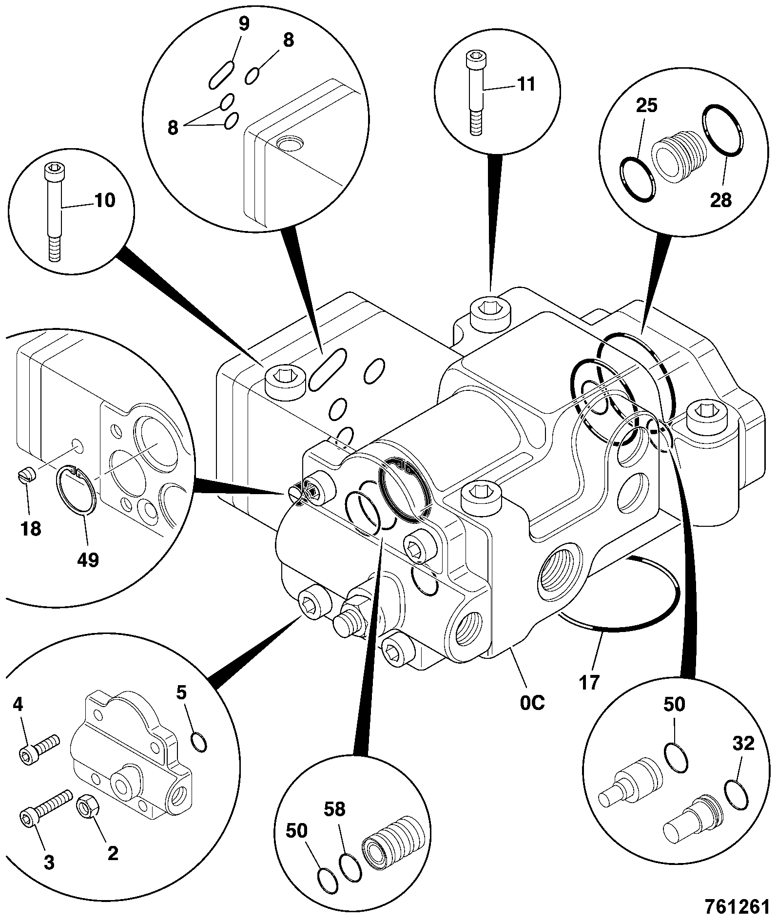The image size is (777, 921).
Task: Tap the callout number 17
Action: click(x=589, y=682)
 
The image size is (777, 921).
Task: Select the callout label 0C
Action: click(x=532, y=703)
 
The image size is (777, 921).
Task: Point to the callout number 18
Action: click(x=31, y=528)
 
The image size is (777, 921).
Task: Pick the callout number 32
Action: click(x=743, y=744)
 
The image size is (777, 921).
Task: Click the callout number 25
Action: click(x=646, y=105)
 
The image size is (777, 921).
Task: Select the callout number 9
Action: click(x=243, y=24)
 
